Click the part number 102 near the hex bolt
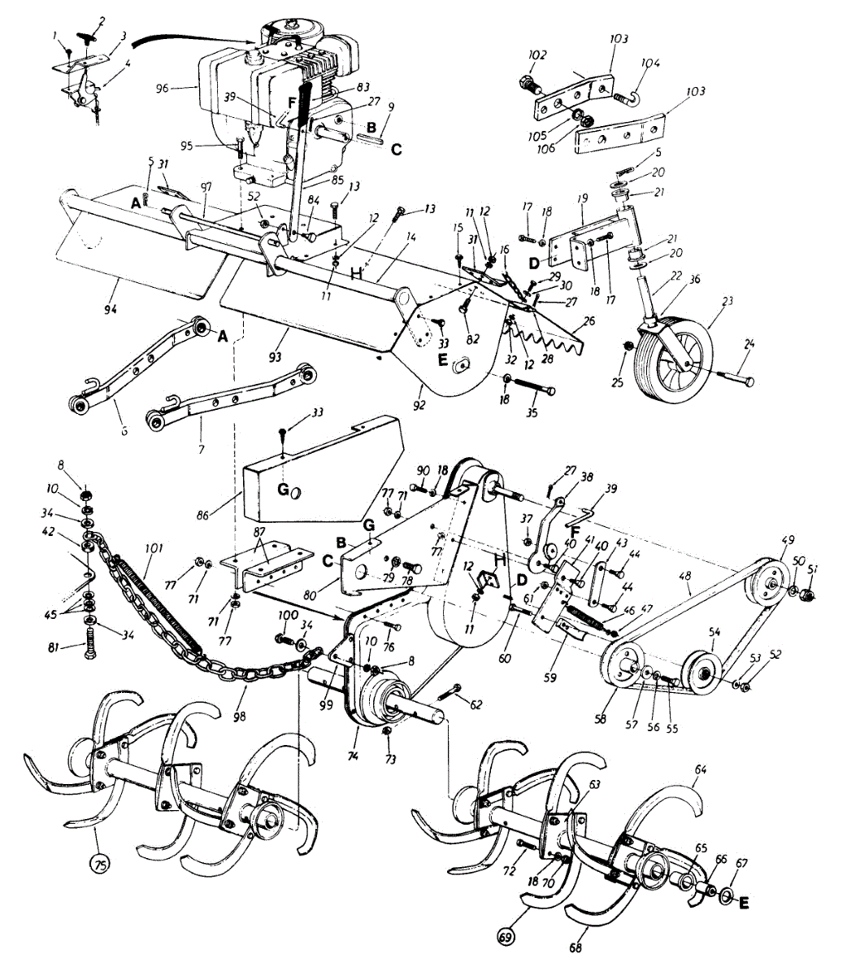[x=538, y=55]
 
